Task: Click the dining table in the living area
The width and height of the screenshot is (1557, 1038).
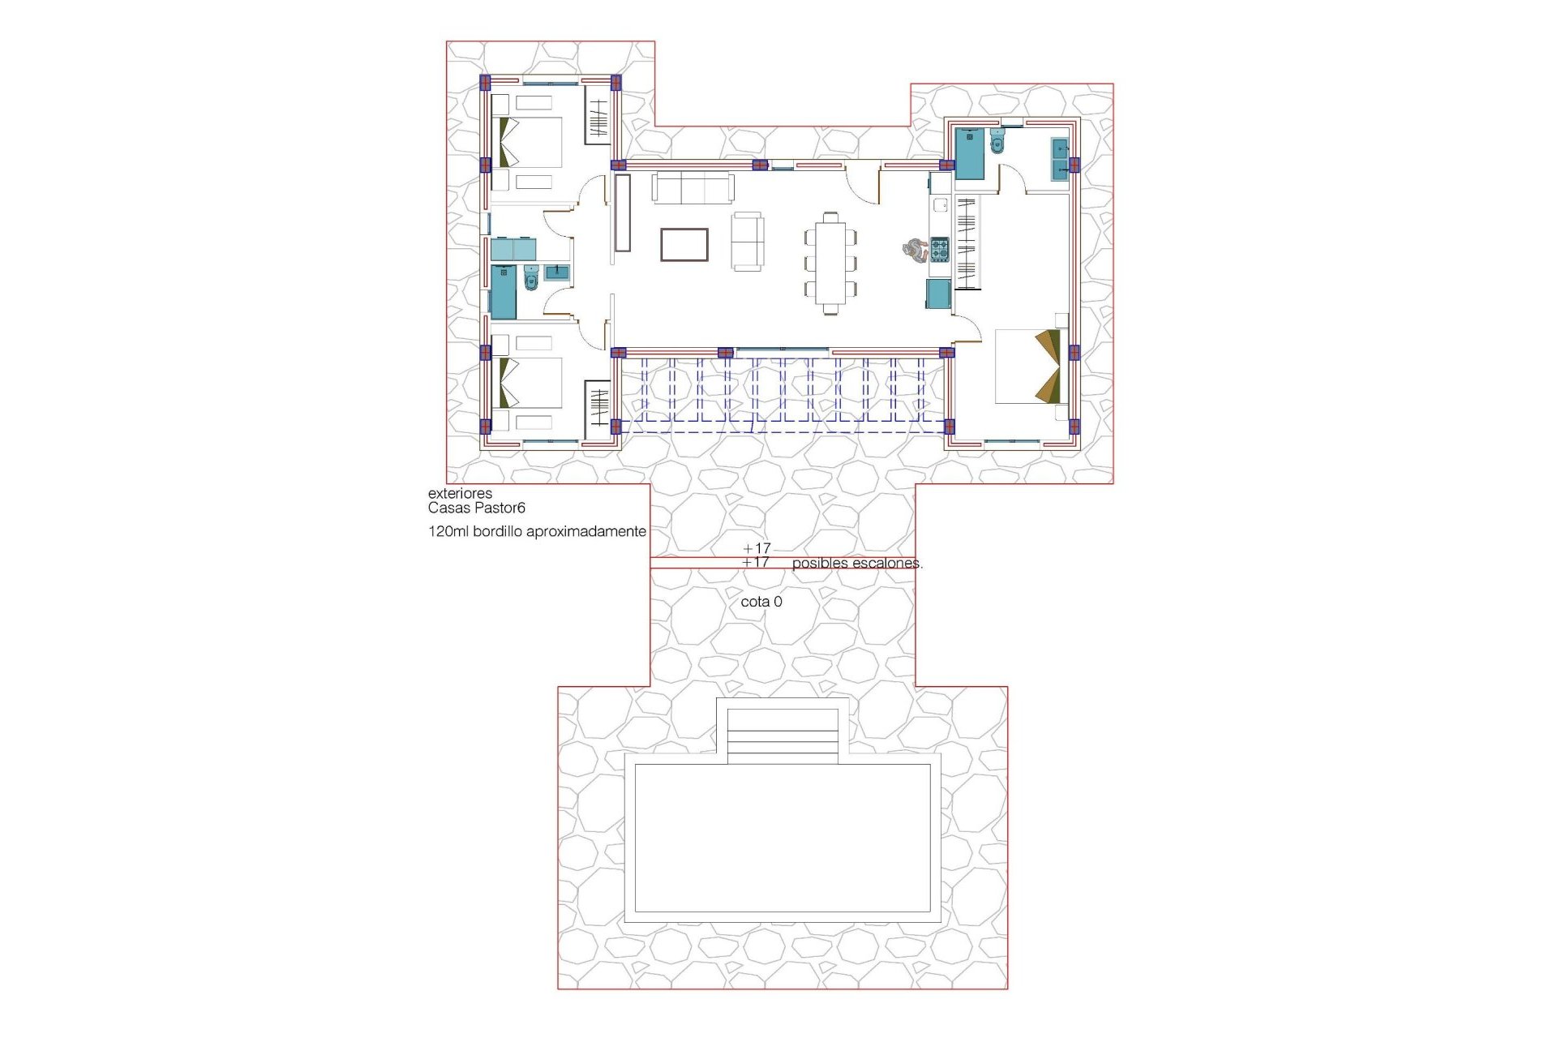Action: pos(830,263)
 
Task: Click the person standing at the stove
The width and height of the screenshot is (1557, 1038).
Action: pos(915,250)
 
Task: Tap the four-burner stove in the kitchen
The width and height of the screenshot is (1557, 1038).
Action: pos(939,250)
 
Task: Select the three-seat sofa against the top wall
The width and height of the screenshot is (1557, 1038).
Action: pos(693,188)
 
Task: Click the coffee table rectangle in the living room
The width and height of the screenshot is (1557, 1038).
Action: pos(684,244)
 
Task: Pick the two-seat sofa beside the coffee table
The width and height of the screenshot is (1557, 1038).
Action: pos(747,242)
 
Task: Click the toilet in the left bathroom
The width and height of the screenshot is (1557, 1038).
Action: pos(531,278)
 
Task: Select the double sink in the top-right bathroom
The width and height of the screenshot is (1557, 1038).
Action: pos(1060,159)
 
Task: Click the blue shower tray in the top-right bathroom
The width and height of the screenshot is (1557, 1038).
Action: pos(969,153)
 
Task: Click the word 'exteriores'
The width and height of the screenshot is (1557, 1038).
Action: pos(460,493)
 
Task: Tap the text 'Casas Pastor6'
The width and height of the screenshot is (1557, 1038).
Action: pos(476,508)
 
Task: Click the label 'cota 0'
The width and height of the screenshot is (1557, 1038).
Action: pos(761,602)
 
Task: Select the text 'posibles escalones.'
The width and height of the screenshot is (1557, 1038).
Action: pos(856,563)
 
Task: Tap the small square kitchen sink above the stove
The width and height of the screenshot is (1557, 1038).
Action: pos(940,205)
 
